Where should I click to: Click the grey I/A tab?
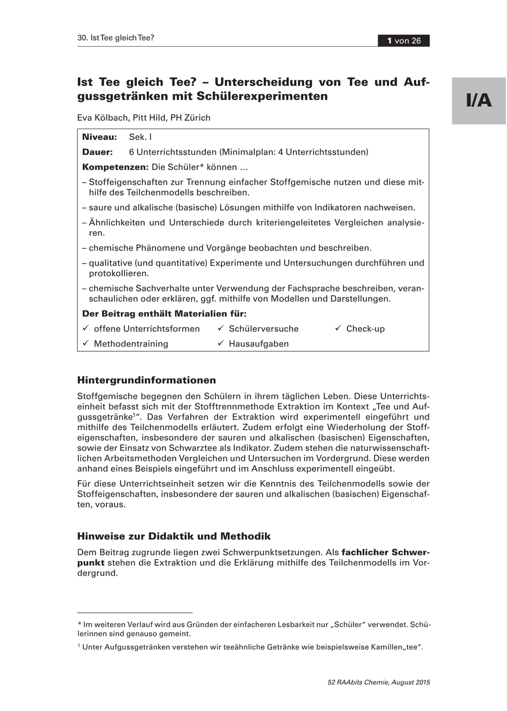pyautogui.click(x=479, y=100)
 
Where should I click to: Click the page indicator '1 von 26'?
pyautogui.click(x=404, y=41)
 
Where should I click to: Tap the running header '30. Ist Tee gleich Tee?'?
pyautogui.click(x=116, y=38)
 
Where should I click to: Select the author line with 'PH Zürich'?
pyautogui.click(x=144, y=118)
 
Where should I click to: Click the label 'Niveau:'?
pyautogui.click(x=100, y=137)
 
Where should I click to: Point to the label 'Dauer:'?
pyautogui.click(x=97, y=152)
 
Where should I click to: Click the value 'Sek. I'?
pyautogui.click(x=141, y=137)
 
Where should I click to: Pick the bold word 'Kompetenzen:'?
pyautogui.click(x=115, y=167)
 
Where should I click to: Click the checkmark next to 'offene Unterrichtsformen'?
pyautogui.click(x=85, y=328)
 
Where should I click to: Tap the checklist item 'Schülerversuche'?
pyautogui.click(x=263, y=329)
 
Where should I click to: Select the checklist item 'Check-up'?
pyautogui.click(x=365, y=329)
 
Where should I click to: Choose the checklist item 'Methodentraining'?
pyautogui.click(x=131, y=344)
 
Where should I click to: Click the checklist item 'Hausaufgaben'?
pyautogui.click(x=259, y=344)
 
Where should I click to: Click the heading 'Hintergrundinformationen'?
pyautogui.click(x=146, y=380)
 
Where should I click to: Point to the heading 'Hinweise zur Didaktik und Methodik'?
pyautogui.click(x=174, y=536)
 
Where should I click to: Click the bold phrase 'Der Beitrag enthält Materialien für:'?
pyautogui.click(x=164, y=313)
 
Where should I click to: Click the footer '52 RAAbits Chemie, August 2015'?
pyautogui.click(x=378, y=683)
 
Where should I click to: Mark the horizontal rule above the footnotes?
pyautogui.click(x=135, y=613)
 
